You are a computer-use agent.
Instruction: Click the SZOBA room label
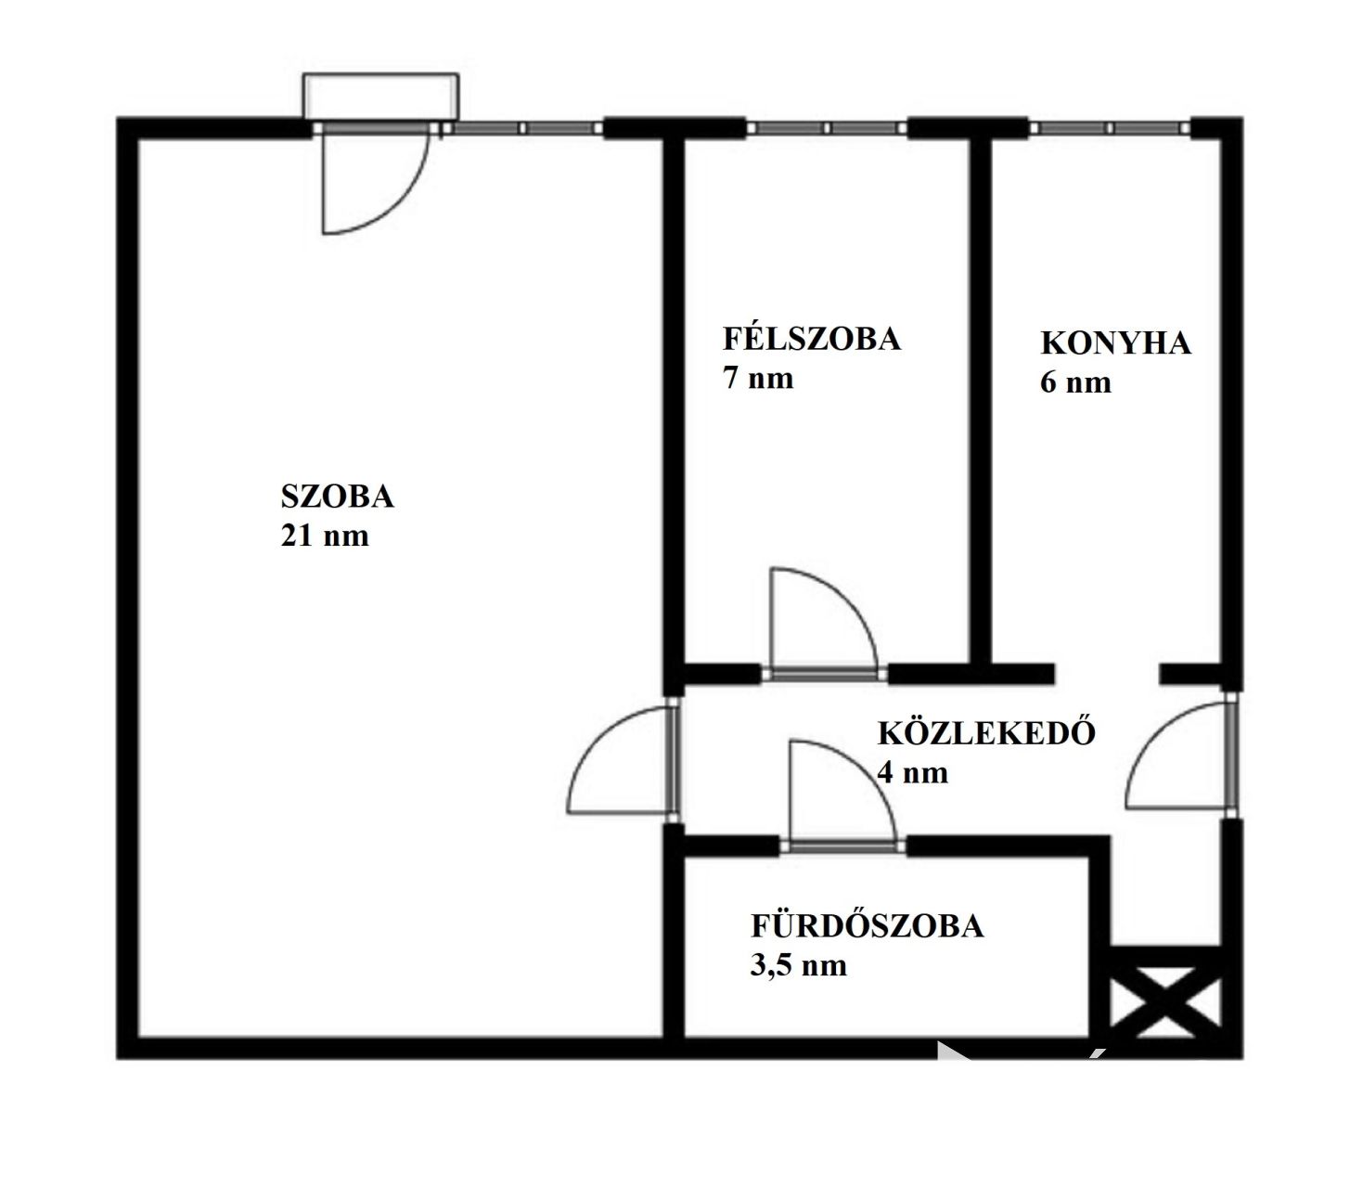[x=337, y=496]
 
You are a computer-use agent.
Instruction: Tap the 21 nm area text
[x=325, y=536]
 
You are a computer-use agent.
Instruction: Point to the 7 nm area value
[x=758, y=378]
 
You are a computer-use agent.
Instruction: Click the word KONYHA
[x=1115, y=342]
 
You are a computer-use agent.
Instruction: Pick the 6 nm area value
[x=1075, y=382]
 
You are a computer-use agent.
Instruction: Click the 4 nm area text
[x=912, y=772]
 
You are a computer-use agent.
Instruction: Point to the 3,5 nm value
[x=798, y=964]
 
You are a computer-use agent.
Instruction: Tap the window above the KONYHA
[x=1110, y=128]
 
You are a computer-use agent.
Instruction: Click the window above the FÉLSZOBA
[x=827, y=128]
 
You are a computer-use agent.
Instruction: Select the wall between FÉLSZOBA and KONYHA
[x=980, y=401]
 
